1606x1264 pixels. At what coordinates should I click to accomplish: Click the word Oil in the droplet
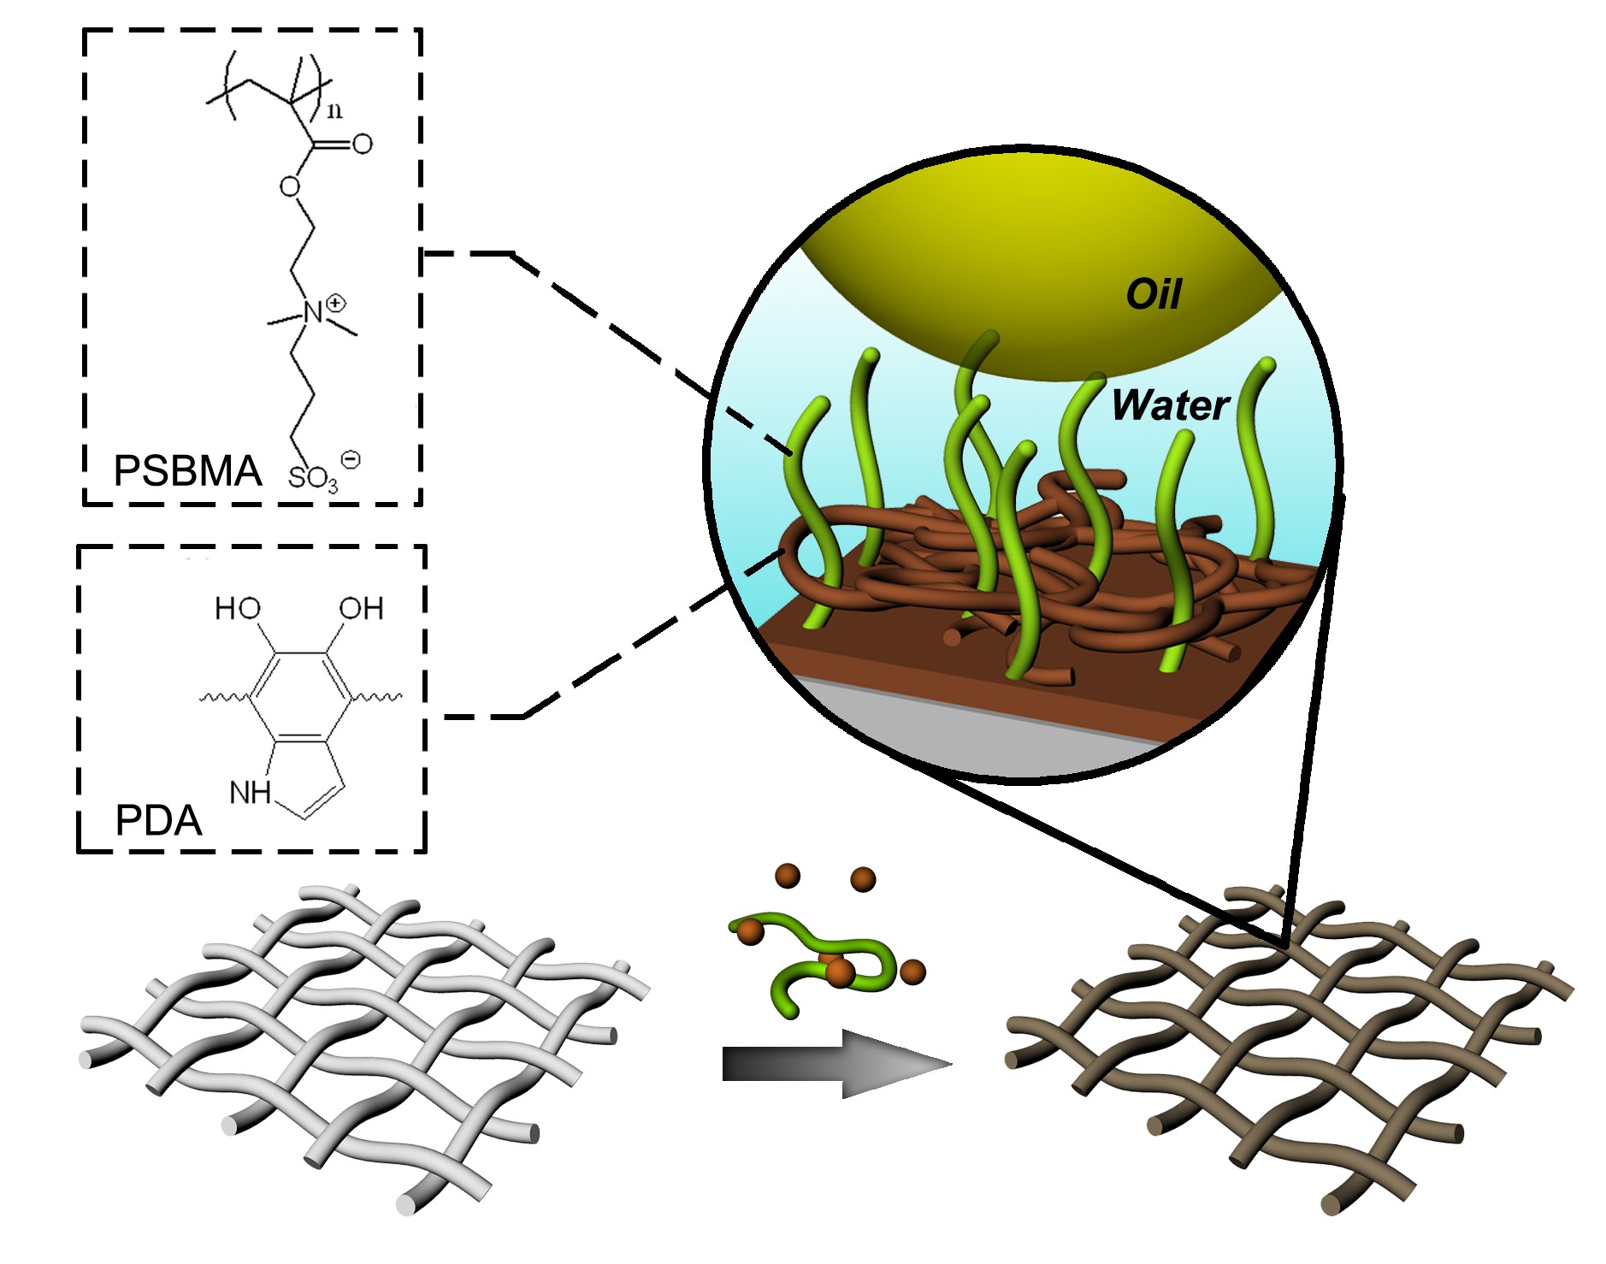coord(1153,294)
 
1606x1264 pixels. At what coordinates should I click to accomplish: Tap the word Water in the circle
coord(1170,405)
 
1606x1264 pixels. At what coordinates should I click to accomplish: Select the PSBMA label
coord(187,471)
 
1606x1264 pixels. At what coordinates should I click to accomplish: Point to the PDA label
coord(158,820)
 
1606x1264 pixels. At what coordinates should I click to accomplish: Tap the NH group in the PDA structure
coord(250,793)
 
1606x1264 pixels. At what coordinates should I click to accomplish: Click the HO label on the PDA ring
coord(238,609)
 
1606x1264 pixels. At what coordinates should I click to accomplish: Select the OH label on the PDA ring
coord(361,609)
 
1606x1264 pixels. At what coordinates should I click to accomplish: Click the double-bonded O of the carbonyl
coord(362,144)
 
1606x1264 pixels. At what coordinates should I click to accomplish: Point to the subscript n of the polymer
coord(334,110)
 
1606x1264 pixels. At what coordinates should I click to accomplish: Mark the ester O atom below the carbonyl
coord(290,186)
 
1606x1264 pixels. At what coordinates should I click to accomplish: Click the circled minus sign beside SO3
coord(351,459)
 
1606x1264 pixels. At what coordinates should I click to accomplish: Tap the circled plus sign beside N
coord(336,302)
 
